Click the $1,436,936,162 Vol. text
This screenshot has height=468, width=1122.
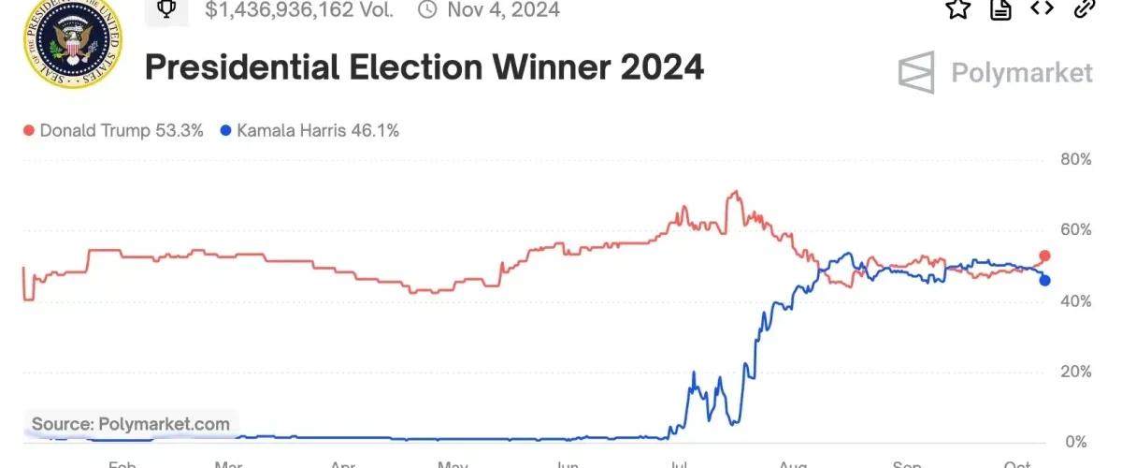click(298, 10)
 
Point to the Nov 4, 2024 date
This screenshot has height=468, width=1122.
click(502, 10)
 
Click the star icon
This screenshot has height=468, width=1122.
click(957, 8)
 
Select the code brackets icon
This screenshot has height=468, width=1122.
click(1042, 8)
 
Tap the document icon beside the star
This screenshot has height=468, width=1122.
click(1000, 8)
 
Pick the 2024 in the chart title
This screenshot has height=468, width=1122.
click(663, 68)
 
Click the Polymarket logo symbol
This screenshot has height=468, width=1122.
click(916, 73)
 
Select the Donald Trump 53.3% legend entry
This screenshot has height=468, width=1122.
click(113, 131)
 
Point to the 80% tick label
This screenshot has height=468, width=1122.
click(1074, 160)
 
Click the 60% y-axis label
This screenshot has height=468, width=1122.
click(1074, 230)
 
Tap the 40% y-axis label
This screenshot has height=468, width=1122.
click(1074, 301)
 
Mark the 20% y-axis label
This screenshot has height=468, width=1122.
click(1074, 372)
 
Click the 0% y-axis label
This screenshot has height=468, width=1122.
click(1078, 442)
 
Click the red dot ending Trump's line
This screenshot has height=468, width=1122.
click(1045, 256)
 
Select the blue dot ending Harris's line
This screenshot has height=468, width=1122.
click(1044, 280)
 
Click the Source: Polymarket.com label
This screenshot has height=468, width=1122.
click(131, 424)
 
